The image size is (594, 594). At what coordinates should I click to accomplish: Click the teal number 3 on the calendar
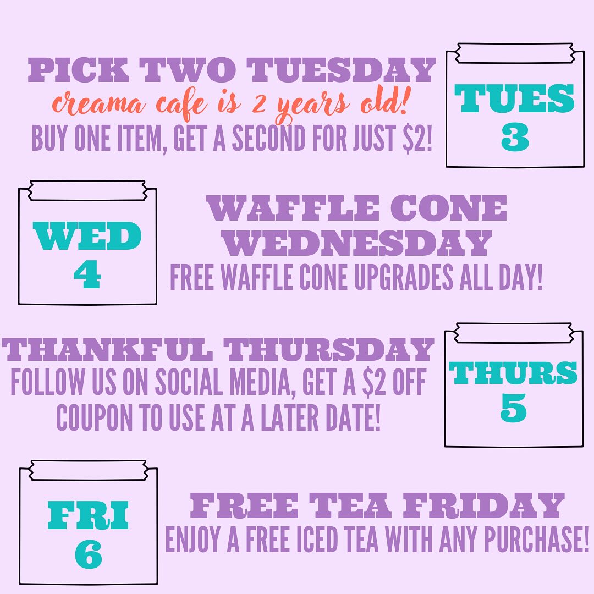[515, 138]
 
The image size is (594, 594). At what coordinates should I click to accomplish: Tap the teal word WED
[87, 235]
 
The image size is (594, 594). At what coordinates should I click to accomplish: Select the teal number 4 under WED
[87, 274]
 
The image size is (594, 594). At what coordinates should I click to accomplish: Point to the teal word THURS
[513, 373]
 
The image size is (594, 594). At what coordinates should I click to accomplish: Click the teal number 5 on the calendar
[513, 408]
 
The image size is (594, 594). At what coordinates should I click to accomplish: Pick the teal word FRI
[88, 515]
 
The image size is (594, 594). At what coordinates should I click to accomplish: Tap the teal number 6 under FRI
[88, 554]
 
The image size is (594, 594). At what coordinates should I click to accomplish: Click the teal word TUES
[514, 98]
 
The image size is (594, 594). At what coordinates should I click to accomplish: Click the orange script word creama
[98, 104]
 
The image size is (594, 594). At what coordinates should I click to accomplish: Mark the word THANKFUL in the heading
[107, 349]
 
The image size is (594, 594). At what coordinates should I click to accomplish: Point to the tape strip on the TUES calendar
[515, 53]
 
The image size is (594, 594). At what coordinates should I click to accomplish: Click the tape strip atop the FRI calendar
[88, 470]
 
